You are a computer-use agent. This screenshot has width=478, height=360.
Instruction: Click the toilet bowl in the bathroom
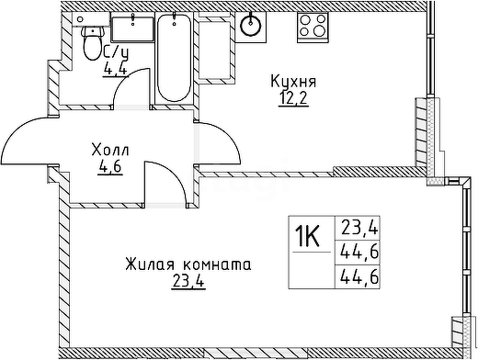[92, 43]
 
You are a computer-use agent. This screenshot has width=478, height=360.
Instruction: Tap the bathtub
[174, 58]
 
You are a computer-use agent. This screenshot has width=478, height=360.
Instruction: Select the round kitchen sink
[251, 25]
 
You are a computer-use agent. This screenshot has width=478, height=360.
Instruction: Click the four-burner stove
[313, 27]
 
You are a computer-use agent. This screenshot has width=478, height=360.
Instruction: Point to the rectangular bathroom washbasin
[132, 28]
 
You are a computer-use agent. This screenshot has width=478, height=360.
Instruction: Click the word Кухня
[293, 82]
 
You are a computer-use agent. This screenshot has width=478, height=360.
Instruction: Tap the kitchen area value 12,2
[293, 98]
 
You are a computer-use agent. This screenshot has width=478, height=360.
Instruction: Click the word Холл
[110, 151]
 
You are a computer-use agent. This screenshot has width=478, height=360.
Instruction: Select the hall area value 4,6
[110, 167]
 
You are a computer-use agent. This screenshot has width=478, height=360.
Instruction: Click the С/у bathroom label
[116, 52]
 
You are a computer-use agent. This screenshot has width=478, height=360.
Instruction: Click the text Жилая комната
[188, 264]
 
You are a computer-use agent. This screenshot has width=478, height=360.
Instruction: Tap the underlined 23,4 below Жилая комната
[188, 281]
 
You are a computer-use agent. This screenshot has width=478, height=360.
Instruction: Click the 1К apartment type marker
[308, 236]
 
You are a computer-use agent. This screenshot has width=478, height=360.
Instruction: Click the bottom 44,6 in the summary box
[359, 278]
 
